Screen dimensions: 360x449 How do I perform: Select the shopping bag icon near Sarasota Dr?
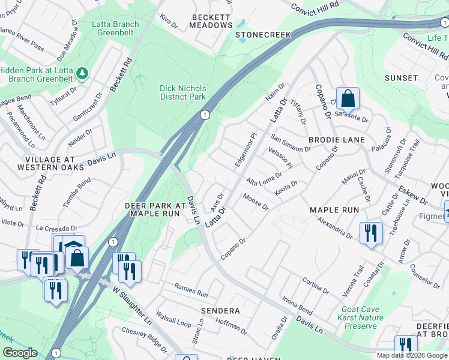coord(348,98)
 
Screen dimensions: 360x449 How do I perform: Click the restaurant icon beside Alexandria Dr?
coord(371,233)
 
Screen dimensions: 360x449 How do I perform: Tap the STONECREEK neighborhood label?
coord(258,35)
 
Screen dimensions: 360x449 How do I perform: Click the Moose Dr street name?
coord(255,201)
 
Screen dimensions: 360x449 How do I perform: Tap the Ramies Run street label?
coord(191,292)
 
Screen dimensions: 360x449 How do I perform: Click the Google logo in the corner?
coord(20,353)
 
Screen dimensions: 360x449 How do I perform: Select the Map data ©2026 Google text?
coord(412,355)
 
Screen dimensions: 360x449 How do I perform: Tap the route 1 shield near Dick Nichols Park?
coord(205,114)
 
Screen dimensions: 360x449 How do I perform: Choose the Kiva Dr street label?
coord(169,23)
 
